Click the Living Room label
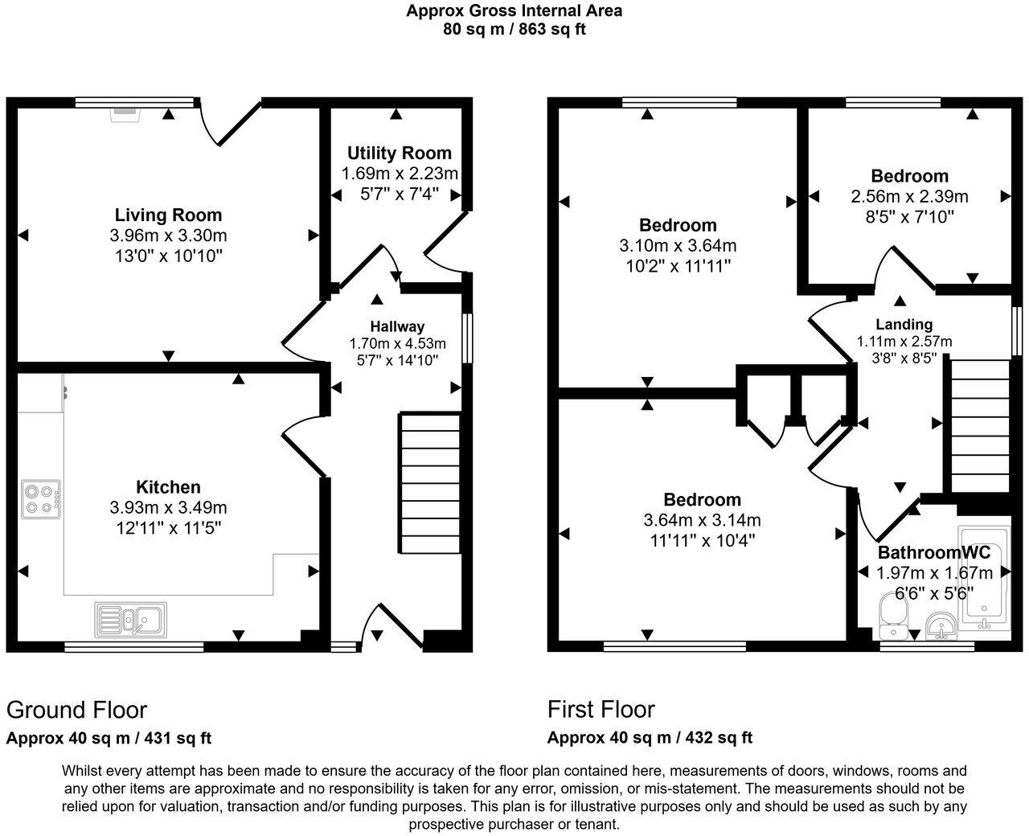point(168,215)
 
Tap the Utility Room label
point(399,153)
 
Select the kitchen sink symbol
point(131,619)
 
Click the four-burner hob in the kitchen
point(40,497)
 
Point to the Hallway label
point(397,326)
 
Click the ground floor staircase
point(430,482)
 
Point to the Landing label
point(904,324)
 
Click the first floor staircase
point(979,426)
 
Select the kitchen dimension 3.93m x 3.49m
point(168,507)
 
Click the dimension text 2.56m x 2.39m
point(909,196)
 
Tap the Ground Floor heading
point(77,710)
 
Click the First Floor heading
point(601,709)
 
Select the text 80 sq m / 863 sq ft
point(514,30)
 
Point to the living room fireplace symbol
point(125,113)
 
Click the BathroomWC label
point(933,552)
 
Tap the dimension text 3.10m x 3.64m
point(677,245)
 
